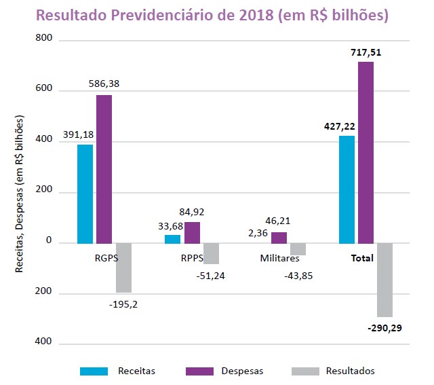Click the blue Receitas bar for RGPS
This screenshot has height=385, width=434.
(x=85, y=194)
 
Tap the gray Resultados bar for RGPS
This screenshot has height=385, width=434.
(x=123, y=268)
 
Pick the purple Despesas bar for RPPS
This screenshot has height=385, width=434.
(x=192, y=232)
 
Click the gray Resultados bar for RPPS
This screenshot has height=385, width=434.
(x=211, y=253)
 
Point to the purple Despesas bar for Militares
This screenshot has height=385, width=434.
(x=279, y=238)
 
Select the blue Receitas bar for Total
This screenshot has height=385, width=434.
(x=347, y=189)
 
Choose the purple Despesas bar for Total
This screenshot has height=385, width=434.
(x=366, y=152)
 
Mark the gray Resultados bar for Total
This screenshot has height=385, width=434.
(x=385, y=280)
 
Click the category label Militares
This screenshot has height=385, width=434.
(x=279, y=259)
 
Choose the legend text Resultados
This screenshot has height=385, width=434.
(x=350, y=371)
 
